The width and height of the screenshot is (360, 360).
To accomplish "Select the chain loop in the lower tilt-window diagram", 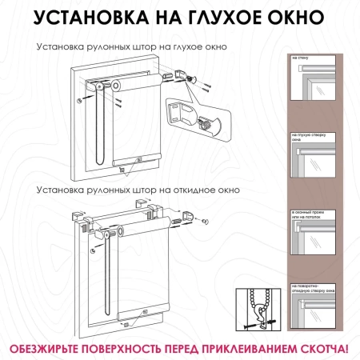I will coord(104,272).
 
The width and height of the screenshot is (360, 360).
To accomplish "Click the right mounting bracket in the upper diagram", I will coord(180,77).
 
